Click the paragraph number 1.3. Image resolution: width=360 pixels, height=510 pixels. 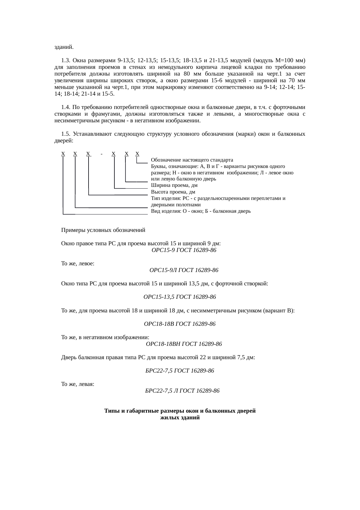(x=66, y=61)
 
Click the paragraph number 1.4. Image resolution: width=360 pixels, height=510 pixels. (x=66, y=108)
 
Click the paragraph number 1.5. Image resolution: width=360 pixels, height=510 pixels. (x=66, y=134)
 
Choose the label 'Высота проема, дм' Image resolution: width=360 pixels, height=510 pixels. (x=173, y=192)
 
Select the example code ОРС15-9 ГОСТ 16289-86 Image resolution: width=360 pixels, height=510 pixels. (x=184, y=250)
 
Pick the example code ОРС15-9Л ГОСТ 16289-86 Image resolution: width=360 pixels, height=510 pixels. (x=184, y=270)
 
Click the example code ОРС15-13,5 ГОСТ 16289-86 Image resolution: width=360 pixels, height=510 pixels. (x=180, y=297)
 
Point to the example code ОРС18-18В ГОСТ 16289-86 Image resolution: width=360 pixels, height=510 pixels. (x=180, y=324)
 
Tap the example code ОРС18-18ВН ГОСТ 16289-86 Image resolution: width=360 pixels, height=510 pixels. (x=184, y=344)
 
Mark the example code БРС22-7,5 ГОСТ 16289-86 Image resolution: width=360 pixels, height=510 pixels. (x=180, y=371)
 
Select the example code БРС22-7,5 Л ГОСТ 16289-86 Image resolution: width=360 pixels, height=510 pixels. (x=182, y=391)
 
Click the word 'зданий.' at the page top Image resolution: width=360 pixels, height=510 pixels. (x=64, y=47)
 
